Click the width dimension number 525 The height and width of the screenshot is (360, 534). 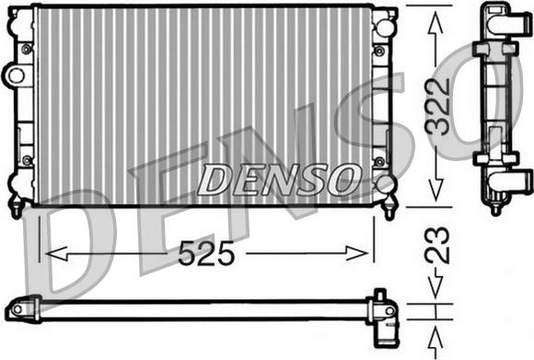pos(206,253)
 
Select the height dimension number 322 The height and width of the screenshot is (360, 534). pos(437,106)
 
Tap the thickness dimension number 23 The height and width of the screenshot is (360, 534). pos(437,245)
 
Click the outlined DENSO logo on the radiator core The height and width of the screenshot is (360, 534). pos(279,180)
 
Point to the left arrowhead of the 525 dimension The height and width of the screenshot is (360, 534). pos(56,253)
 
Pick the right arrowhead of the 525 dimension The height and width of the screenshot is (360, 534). pos(357,253)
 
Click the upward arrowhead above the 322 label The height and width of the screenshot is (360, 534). pos(435,22)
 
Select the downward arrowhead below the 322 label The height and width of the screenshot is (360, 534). pos(435,189)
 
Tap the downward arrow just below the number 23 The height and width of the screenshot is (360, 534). pos(435,283)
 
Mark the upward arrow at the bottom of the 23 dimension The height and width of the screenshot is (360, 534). pos(435,342)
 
